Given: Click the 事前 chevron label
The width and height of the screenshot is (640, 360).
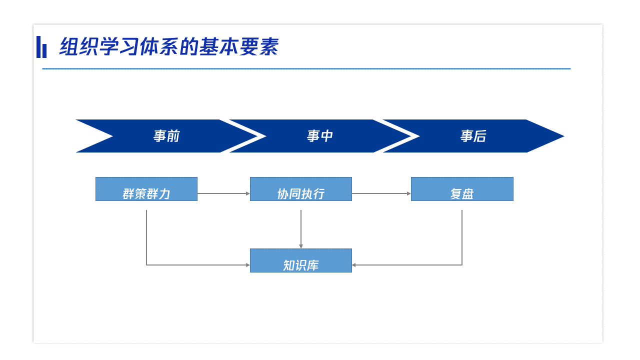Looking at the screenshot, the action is click(166, 136).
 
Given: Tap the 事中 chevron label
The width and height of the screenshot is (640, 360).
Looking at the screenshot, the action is click(320, 136).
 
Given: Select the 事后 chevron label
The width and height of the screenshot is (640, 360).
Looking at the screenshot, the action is click(473, 136).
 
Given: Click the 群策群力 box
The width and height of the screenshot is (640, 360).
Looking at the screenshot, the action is click(146, 189).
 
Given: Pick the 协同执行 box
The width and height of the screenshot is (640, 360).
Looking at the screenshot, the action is click(301, 189).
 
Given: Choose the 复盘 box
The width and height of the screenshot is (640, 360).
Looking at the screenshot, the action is click(462, 189).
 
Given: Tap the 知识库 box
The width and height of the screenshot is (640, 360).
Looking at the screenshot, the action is click(301, 260).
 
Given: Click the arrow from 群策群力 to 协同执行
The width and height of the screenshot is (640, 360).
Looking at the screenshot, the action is click(223, 193).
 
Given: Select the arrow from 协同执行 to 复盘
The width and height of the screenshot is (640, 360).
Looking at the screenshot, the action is click(381, 193).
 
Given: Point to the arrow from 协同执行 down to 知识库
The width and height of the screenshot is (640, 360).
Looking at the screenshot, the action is click(301, 229).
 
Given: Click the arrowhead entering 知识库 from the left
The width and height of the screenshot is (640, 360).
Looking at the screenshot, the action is click(248, 265).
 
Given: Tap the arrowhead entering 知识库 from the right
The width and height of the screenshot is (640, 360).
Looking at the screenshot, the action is click(354, 265).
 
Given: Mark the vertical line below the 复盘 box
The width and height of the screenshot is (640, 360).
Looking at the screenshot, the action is click(462, 237).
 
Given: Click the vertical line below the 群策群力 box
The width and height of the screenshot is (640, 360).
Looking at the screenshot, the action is click(146, 237).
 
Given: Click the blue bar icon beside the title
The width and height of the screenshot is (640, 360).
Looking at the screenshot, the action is click(41, 47).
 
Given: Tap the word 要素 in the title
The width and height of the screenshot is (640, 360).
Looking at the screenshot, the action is click(259, 46).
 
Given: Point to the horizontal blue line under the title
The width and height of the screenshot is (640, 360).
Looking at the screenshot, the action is click(306, 68).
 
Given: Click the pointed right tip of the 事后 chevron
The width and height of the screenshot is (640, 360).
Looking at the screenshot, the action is click(564, 136).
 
